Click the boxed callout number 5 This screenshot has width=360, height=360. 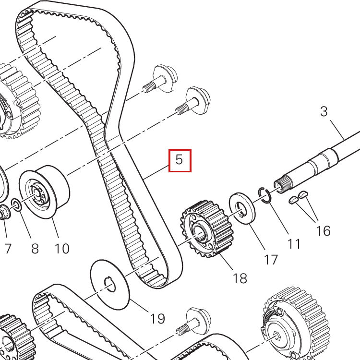coord(180,160)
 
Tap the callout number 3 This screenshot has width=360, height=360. coord(324,111)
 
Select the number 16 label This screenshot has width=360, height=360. coord(323,231)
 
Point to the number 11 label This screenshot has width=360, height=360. coord(294,244)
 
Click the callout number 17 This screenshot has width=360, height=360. coord(271,260)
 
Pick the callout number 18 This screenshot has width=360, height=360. coord(240,278)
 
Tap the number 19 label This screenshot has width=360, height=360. coord(157,318)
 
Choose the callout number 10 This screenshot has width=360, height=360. coord(62,249)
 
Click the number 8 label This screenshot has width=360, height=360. coord(35,249)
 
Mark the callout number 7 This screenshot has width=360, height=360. coord(8,249)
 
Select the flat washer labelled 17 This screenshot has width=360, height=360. coord(242,208)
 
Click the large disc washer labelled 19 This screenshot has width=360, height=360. coord(110,285)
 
